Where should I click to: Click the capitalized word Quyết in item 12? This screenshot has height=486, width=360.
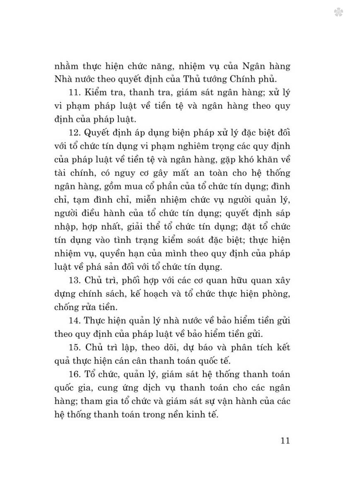coord(99,133)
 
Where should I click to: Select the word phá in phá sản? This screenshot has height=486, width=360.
coord(95,267)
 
